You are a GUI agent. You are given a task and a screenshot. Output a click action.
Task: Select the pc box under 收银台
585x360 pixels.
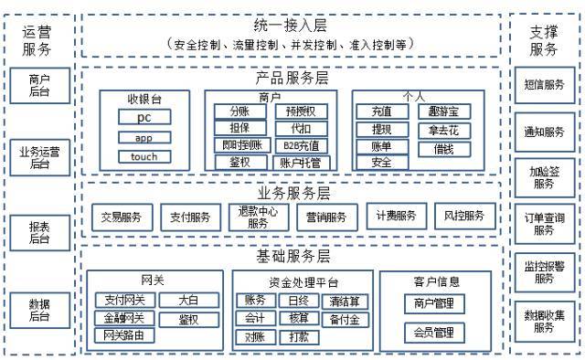(144, 118)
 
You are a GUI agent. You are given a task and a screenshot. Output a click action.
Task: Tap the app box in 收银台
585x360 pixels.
(144, 137)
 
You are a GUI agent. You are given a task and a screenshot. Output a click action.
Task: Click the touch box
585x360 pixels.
(144, 156)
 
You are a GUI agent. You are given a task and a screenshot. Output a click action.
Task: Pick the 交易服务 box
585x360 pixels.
(122, 217)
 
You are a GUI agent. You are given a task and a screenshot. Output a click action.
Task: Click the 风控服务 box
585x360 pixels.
(464, 216)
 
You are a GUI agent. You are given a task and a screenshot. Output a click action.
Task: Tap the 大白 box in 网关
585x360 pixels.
(187, 300)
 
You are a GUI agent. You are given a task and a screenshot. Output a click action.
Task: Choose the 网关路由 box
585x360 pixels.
(124, 335)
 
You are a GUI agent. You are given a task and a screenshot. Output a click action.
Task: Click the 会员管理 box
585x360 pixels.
(434, 331)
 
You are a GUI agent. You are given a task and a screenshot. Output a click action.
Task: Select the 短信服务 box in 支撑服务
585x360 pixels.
(545, 84)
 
